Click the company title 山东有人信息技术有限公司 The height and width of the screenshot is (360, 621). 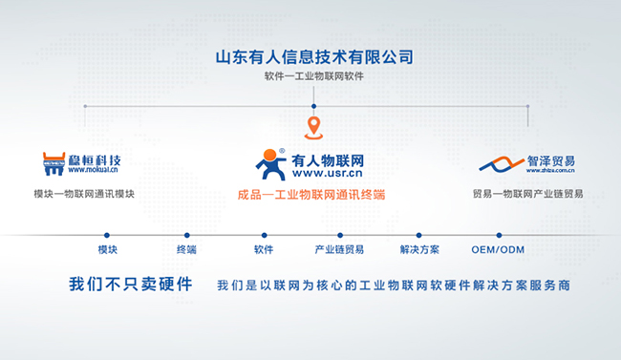point(314,55)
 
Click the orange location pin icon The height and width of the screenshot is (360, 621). point(312,127)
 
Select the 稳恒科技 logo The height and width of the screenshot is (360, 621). point(84,163)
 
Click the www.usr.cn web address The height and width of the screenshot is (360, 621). point(328,175)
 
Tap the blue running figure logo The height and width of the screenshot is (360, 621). point(271,164)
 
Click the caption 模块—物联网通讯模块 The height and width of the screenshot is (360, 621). point(84,194)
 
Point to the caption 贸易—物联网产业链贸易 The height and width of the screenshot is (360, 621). point(527,194)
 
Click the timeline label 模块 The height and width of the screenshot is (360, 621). point(107,250)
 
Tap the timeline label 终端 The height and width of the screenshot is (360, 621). point(186,250)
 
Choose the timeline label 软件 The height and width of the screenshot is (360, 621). point(264,250)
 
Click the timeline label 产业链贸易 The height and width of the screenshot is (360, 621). point(339,250)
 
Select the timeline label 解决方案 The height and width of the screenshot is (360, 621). point(419,250)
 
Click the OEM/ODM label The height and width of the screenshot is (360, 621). point(498,250)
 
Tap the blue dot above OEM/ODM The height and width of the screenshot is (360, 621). point(498,235)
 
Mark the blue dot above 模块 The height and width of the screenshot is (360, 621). point(107,235)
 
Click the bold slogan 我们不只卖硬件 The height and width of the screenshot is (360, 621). point(131,285)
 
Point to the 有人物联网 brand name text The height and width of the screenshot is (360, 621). point(328,159)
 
